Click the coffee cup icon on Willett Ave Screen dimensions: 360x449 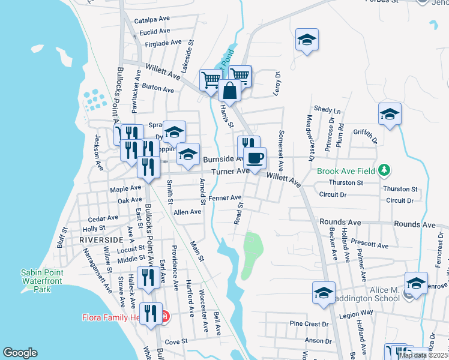(x=256, y=158)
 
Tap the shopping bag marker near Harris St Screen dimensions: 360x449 (x=229, y=91)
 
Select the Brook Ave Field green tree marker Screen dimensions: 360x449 (x=385, y=171)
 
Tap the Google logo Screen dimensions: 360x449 (x=20, y=353)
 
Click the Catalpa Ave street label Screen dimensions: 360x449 (x=153, y=20)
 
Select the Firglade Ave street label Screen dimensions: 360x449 (x=159, y=43)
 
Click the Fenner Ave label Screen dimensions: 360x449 (x=225, y=197)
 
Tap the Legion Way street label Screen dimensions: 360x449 (x=357, y=313)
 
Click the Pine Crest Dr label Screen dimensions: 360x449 (x=309, y=324)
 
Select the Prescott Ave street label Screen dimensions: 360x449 (x=371, y=245)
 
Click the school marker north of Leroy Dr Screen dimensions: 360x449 (x=307, y=40)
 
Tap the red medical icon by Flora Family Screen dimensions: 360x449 (x=166, y=316)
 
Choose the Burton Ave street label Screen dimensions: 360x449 (x=158, y=88)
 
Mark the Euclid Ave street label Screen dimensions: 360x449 (x=154, y=31)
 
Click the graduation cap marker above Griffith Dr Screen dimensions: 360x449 (x=390, y=115)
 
